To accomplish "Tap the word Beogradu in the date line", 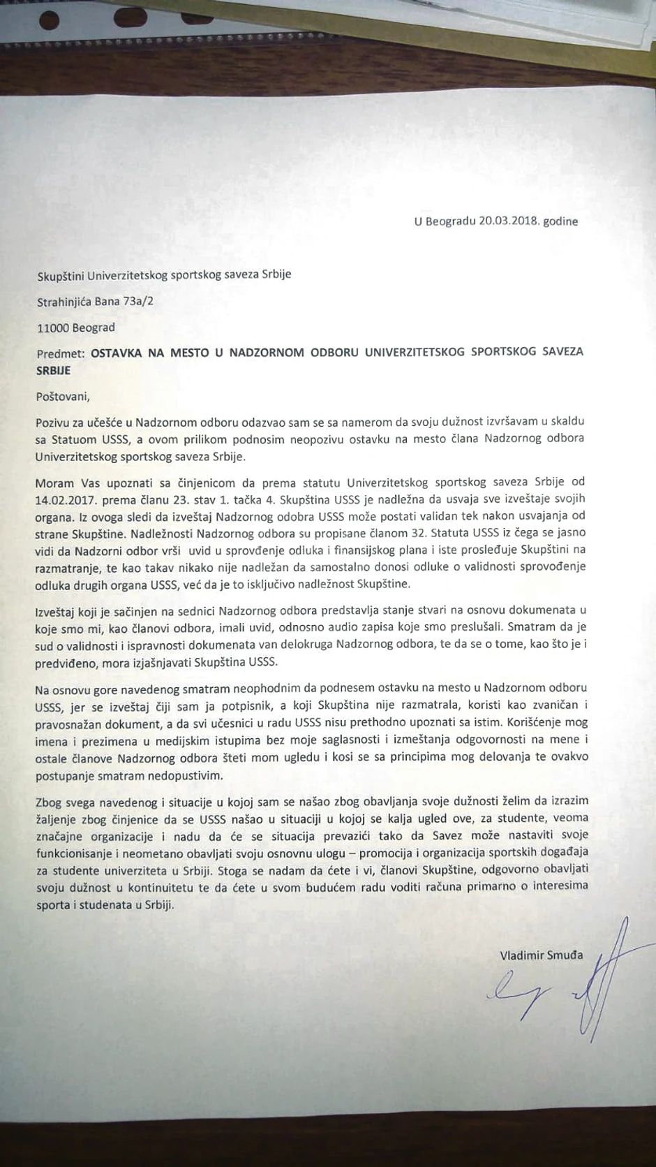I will click(451, 221).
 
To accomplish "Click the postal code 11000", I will click(52, 328).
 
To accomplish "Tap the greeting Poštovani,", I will click(64, 397).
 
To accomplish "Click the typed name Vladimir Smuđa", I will click(540, 955).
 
